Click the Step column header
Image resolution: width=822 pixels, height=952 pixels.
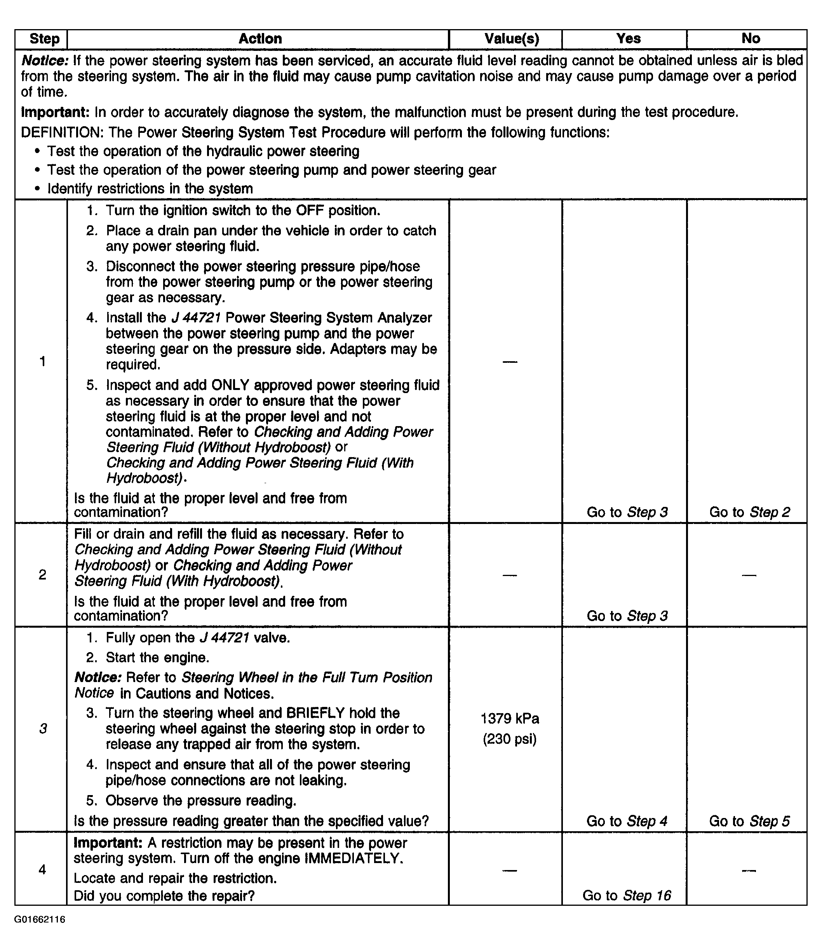point(44,38)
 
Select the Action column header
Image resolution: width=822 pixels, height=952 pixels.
point(260,38)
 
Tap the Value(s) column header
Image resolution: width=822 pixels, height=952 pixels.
point(511,38)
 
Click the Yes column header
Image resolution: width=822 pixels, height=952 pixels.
point(628,38)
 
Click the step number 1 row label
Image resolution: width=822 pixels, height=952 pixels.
point(43,362)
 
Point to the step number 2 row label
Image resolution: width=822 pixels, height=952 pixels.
point(42,574)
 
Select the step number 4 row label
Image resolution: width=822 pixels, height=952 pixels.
point(42,869)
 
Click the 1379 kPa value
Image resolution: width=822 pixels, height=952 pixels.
point(510,718)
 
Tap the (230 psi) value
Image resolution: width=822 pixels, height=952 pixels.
point(510,739)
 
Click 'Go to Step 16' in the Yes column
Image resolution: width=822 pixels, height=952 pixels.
point(627,895)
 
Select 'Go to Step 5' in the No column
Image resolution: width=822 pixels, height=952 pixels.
point(749,821)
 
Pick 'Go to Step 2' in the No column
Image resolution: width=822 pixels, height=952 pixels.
point(749,512)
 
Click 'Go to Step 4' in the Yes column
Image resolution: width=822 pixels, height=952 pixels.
point(627,821)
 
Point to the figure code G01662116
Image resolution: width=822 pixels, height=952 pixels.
point(40,919)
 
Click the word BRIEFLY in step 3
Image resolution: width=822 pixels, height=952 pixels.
point(315,713)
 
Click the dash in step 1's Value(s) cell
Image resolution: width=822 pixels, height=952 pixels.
point(510,362)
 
